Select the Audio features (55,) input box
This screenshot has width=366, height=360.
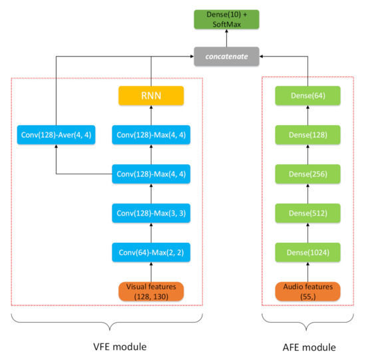(307, 291)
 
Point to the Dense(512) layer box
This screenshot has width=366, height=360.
(307, 213)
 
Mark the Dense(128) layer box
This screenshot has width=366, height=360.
(307, 135)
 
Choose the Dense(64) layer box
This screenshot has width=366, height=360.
(307, 96)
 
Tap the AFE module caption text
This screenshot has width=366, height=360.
(307, 347)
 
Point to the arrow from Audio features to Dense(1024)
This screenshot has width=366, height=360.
(307, 271)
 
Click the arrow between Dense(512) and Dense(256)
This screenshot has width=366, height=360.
(307, 194)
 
